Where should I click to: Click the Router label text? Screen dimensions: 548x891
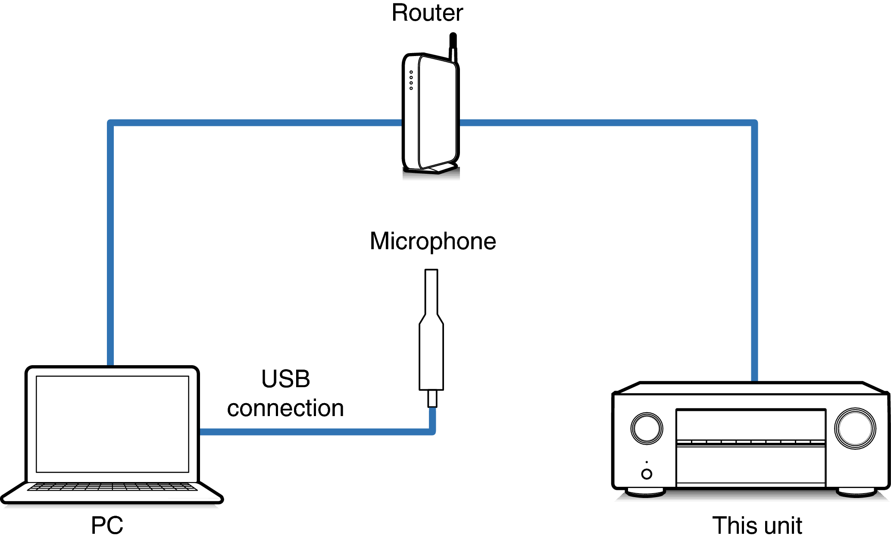[427, 13]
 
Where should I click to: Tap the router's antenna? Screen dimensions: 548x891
[453, 45]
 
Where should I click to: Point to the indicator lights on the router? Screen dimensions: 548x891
[411, 80]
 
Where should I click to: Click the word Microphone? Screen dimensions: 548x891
[433, 241]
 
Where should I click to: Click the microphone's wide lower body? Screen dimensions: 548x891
[431, 358]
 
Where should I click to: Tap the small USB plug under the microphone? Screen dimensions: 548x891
[432, 398]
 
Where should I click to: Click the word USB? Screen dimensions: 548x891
[285, 379]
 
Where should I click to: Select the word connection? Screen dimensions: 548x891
[285, 408]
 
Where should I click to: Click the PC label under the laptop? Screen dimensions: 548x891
[107, 525]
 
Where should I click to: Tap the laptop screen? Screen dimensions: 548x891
[113, 424]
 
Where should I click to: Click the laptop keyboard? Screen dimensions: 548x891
[113, 487]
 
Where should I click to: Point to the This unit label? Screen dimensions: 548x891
[757, 525]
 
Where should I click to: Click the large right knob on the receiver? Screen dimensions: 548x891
[855, 428]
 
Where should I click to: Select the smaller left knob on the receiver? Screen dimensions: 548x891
[647, 428]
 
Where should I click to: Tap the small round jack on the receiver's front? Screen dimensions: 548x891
[647, 474]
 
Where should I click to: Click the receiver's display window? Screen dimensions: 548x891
[750, 425]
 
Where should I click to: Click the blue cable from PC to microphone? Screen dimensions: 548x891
[315, 432]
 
